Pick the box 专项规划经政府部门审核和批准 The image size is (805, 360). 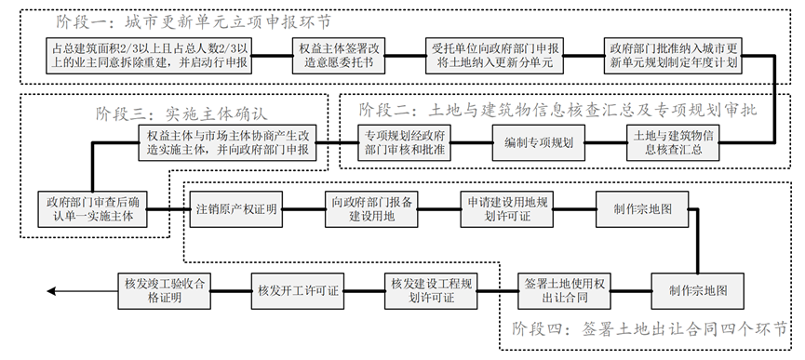click(398, 142)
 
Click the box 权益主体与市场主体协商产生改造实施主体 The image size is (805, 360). click(232, 142)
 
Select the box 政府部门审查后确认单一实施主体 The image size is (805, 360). click(90, 208)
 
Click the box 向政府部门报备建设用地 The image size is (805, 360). click(372, 208)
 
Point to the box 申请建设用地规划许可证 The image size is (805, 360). click(508, 208)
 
